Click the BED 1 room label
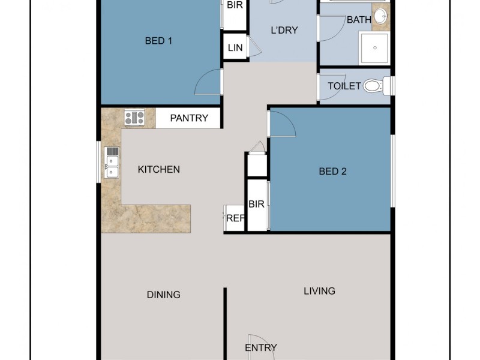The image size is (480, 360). click(x=159, y=41)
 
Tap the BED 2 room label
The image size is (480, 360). click(x=332, y=172)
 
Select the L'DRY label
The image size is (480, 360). click(x=284, y=31)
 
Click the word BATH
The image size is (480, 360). click(x=359, y=20)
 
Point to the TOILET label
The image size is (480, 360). click(x=344, y=86)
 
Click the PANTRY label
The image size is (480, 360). click(x=189, y=118)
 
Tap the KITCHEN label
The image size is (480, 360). click(x=159, y=170)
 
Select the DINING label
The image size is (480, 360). click(x=164, y=295)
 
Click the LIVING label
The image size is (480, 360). click(x=319, y=291)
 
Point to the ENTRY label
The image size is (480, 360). click(x=261, y=348)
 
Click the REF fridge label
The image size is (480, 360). click(x=235, y=218)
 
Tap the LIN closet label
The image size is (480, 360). click(x=235, y=48)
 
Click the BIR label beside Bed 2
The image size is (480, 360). click(x=256, y=205)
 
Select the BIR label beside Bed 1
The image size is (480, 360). click(x=234, y=4)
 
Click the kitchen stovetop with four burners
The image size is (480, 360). click(x=134, y=118)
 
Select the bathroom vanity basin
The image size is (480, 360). click(x=380, y=16)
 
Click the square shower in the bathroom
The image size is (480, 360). click(x=375, y=48)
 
